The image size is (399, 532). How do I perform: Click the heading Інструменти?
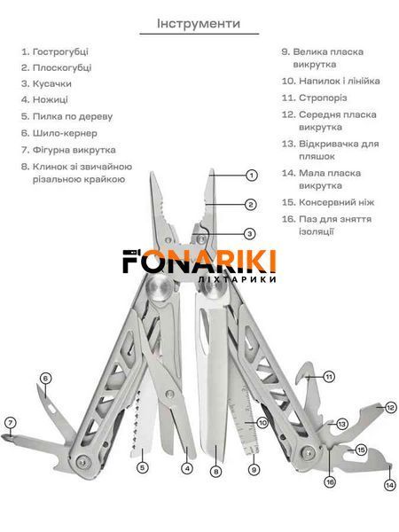coord(199,23)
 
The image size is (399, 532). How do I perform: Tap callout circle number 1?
coord(252,176)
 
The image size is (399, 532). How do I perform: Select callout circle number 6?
coord(46,379)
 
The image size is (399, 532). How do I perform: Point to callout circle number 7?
coord(10,423)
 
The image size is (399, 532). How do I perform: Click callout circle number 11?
coord(329,377)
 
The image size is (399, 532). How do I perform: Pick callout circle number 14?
coord(390,485)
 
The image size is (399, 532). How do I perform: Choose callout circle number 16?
coord(330,481)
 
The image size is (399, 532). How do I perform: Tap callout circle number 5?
coord(143,467)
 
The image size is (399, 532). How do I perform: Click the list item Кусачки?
coord(46,83)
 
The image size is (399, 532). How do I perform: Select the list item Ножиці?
coord(44,99)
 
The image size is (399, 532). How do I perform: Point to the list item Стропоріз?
coord(314,98)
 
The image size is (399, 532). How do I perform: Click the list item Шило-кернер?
coord(59,133)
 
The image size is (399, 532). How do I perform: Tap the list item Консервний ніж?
coord(328,202)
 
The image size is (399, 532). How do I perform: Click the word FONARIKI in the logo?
coord(199,262)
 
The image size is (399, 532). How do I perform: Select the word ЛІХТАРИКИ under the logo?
coord(237,279)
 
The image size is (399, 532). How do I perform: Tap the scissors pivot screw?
coord(169,394)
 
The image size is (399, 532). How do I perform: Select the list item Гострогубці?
coord(55,51)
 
